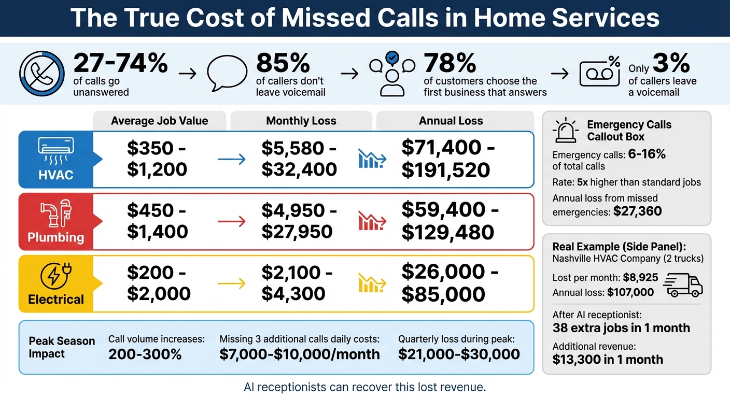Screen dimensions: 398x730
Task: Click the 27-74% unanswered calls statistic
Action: [x=120, y=64]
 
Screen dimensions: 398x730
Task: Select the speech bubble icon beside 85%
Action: [x=227, y=74]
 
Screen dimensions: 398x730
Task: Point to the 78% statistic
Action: [x=450, y=64]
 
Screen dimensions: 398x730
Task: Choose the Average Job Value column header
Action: [x=159, y=121]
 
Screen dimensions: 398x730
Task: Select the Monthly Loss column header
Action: [x=301, y=121]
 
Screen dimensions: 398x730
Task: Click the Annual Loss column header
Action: [x=451, y=121]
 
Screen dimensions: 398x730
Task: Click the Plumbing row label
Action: [x=55, y=237]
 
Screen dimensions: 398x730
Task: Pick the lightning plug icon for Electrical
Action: [x=55, y=275]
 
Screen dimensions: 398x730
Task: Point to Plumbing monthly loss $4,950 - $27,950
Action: [x=299, y=221]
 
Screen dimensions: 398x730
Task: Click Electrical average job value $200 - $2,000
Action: [x=159, y=283]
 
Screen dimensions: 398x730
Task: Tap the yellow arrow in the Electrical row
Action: [x=231, y=283]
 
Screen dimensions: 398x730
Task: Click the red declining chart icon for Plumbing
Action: [x=372, y=221]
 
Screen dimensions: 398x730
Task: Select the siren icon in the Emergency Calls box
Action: [x=566, y=130]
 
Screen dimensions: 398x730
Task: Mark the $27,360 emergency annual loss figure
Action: [x=637, y=211]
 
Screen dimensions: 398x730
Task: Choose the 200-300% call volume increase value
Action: [x=145, y=354]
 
